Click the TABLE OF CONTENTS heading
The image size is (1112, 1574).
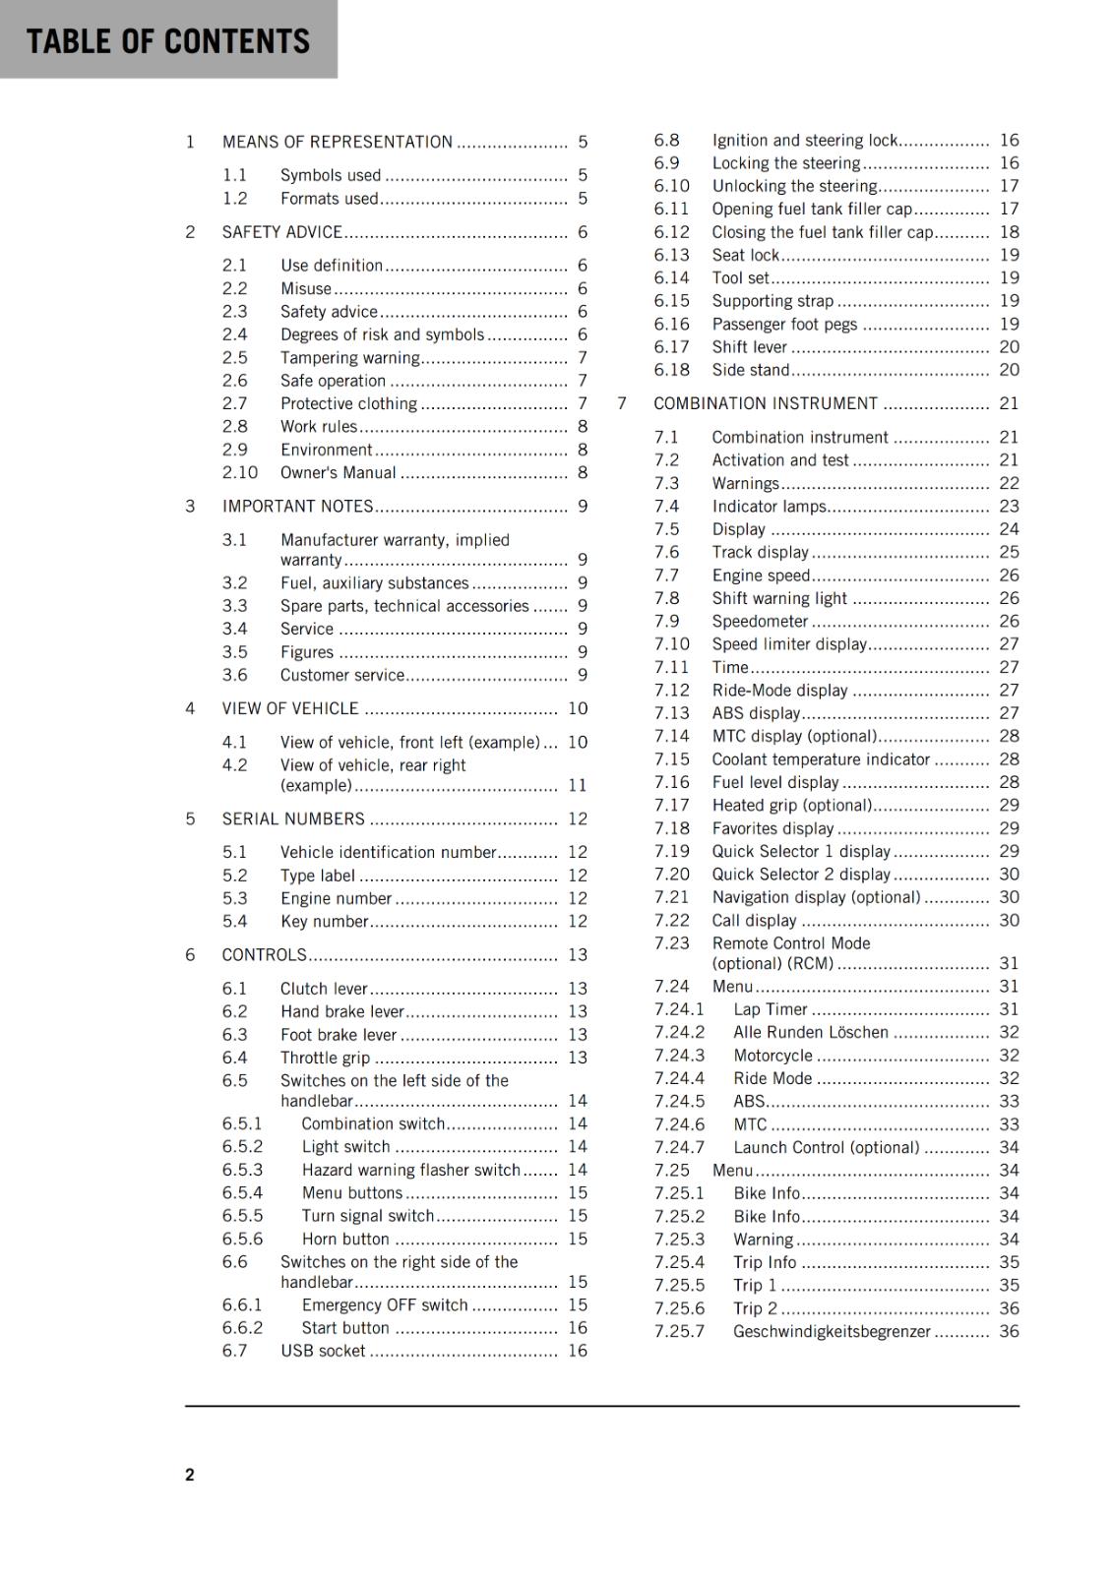coord(167,41)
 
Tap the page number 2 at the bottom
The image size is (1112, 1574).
coord(190,1474)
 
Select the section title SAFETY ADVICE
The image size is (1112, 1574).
coord(281,232)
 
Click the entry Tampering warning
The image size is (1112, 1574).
coord(349,358)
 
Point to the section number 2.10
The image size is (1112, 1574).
coord(239,472)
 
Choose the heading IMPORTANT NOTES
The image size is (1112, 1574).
coord(297,506)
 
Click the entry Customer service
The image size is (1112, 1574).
coord(341,675)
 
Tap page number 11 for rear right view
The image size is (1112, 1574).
coord(577,785)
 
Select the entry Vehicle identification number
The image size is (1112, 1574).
coord(388,852)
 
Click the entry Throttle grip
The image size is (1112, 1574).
coord(325,1058)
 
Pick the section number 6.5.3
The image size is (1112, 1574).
coord(242,1170)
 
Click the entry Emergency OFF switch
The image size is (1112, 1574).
coord(384,1304)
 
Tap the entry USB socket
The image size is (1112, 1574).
coord(323,1351)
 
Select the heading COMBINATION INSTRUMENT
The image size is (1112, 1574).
coord(765,403)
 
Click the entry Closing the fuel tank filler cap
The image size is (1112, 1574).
coord(822,232)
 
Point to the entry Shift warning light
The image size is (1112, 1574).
coord(779,598)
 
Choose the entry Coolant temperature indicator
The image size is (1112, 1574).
coord(821,759)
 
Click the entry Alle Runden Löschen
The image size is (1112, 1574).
coord(810,1032)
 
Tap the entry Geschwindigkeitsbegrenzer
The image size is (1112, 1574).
coord(832,1331)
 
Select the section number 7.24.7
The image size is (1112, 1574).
coord(679,1147)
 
